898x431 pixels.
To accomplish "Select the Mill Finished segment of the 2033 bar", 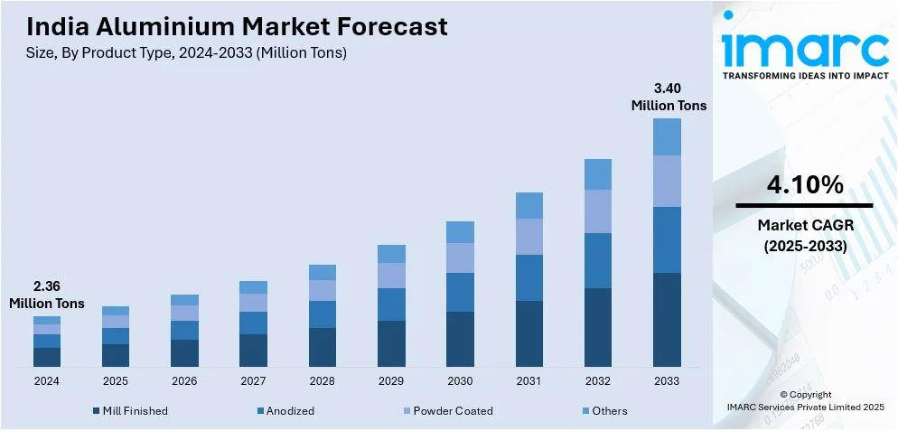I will pyautogui.click(x=667, y=319).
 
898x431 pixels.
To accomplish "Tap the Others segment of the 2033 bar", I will pyautogui.click(x=667, y=136).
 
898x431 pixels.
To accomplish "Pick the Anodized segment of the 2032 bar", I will pyautogui.click(x=598, y=260).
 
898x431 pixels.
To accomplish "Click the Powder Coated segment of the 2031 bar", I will pyautogui.click(x=529, y=236).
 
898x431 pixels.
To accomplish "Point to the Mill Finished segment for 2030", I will pyautogui.click(x=460, y=339).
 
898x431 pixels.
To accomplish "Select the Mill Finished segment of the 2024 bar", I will pyautogui.click(x=47, y=357).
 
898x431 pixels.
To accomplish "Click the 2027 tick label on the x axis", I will pyautogui.click(x=253, y=381).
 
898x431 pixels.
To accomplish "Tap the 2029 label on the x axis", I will pyautogui.click(x=391, y=381).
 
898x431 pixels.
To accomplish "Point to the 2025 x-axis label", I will pyautogui.click(x=116, y=381).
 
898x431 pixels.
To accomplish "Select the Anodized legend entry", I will pyautogui.click(x=289, y=411).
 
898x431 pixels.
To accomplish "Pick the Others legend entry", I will pyautogui.click(x=609, y=411).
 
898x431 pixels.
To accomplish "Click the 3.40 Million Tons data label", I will pyautogui.click(x=669, y=97).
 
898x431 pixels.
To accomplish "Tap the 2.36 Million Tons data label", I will pyautogui.click(x=47, y=295).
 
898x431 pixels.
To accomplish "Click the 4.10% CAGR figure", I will pyautogui.click(x=804, y=185).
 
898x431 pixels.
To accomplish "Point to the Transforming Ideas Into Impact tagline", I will pyautogui.click(x=804, y=76).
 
